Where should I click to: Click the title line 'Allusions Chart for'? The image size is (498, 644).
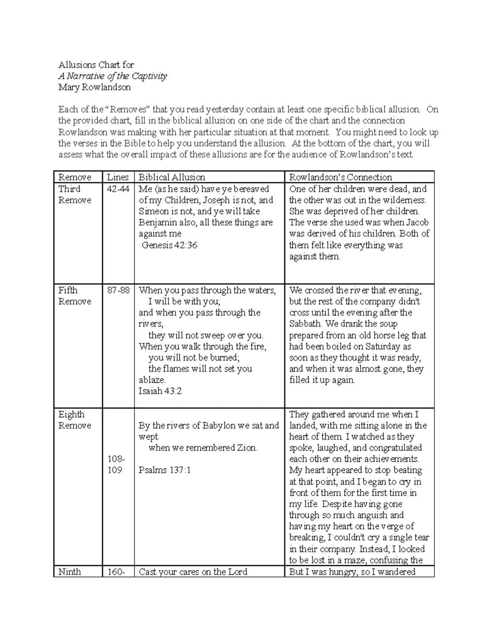[x=96, y=65]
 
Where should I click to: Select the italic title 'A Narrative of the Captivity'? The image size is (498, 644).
[x=112, y=76]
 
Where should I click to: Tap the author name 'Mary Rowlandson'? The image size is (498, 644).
[x=94, y=87]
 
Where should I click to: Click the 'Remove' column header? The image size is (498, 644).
[x=75, y=177]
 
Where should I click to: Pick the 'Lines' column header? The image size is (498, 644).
[x=118, y=177]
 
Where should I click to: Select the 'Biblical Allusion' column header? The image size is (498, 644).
[x=172, y=177]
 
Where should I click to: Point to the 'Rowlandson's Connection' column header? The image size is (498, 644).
[x=340, y=177]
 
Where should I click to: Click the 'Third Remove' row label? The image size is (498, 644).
[x=74, y=194]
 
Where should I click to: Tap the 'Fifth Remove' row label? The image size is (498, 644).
[x=74, y=296]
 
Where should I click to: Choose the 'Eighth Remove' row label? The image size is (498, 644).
[x=74, y=420]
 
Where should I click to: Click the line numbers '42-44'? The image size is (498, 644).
[x=118, y=189]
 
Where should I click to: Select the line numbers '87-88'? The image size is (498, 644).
[x=118, y=290]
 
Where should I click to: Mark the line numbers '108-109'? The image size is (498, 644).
[x=115, y=464]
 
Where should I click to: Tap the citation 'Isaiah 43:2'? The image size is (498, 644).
[x=160, y=391]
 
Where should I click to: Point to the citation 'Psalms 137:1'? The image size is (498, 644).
[x=165, y=470]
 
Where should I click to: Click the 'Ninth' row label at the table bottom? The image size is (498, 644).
[x=70, y=572]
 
